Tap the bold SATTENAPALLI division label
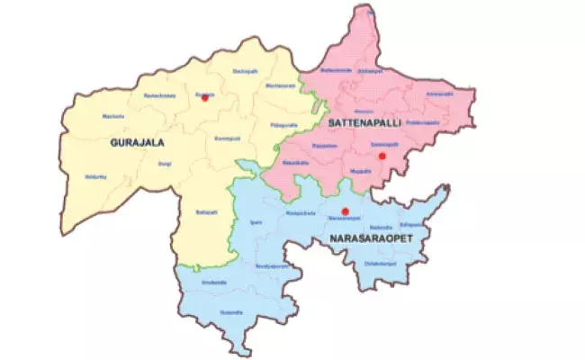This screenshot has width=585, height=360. point(358,121)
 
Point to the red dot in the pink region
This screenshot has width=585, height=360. point(382,156)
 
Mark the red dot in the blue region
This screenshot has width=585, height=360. point(346,211)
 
